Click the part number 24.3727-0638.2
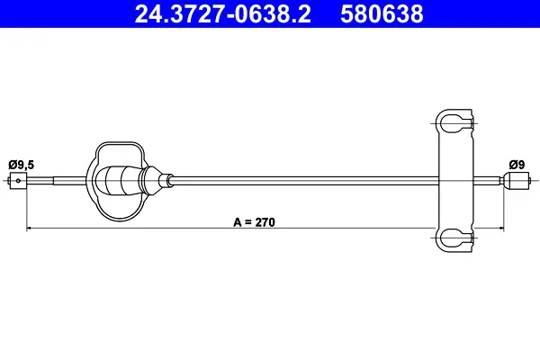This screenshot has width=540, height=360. tap(223, 13)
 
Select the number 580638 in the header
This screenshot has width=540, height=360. tap(382, 13)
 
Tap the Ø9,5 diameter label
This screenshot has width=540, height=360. tap(22, 165)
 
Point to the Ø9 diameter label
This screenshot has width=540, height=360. tap(517, 165)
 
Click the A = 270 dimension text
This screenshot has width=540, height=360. tap(254, 222)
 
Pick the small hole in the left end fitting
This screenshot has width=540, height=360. tap(18, 181)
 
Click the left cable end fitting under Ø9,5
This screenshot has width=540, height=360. tap(18, 181)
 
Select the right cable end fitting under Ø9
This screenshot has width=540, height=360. tap(515, 181)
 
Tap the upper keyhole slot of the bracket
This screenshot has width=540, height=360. tap(454, 123)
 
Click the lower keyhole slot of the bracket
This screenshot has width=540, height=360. tap(454, 238)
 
